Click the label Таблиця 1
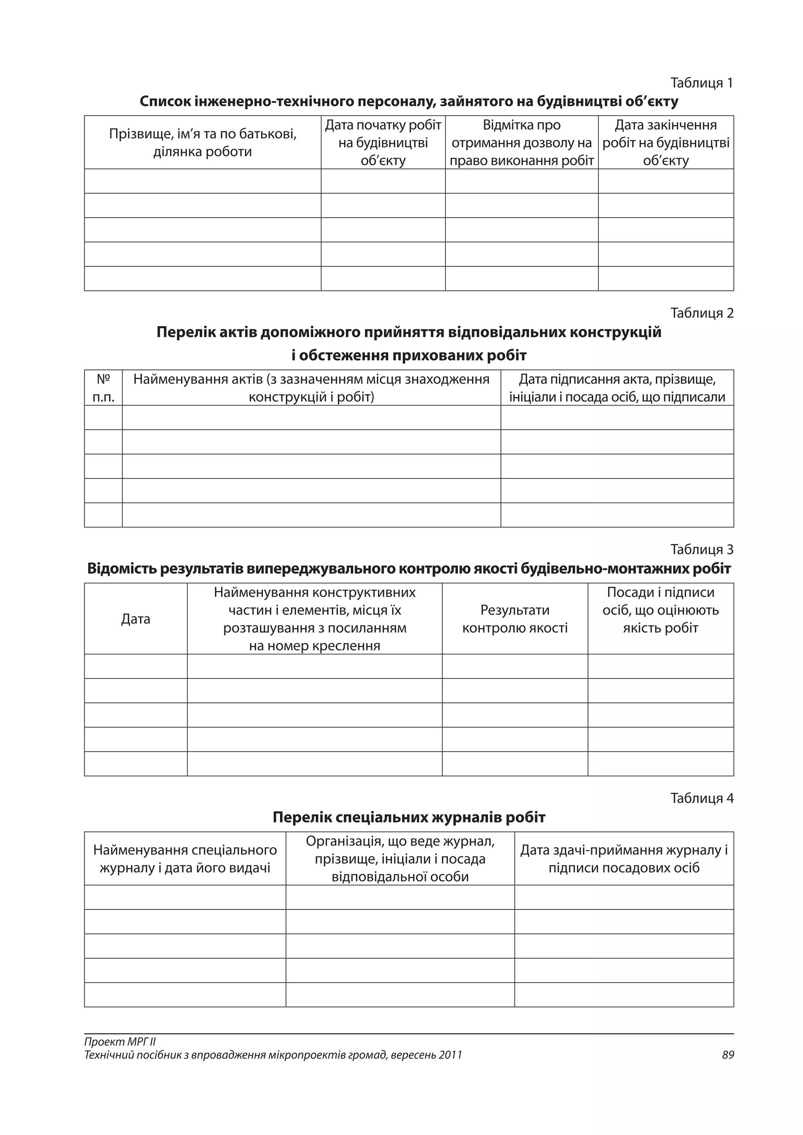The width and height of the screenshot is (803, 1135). [701, 83]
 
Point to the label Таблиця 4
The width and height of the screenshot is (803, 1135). [701, 798]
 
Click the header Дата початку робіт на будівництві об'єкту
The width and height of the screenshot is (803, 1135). [383, 143]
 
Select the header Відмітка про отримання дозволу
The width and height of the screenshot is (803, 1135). [521, 143]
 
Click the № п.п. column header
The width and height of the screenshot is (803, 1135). [104, 388]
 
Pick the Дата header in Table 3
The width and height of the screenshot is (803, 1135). [136, 619]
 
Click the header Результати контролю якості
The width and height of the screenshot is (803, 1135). [515, 619]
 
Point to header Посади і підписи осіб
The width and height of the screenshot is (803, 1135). [660, 610]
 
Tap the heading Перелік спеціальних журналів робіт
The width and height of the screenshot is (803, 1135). [409, 817]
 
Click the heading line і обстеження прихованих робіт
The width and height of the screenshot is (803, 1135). [409, 355]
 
